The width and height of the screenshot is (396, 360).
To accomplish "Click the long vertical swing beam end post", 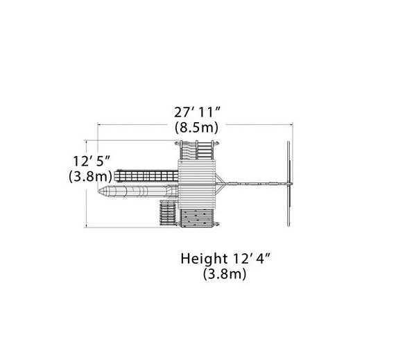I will point(287,180).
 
